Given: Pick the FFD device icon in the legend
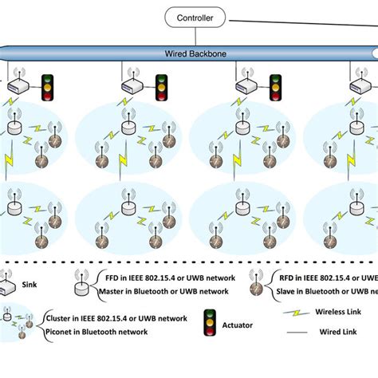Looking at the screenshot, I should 81,282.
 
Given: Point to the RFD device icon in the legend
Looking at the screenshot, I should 254,282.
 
